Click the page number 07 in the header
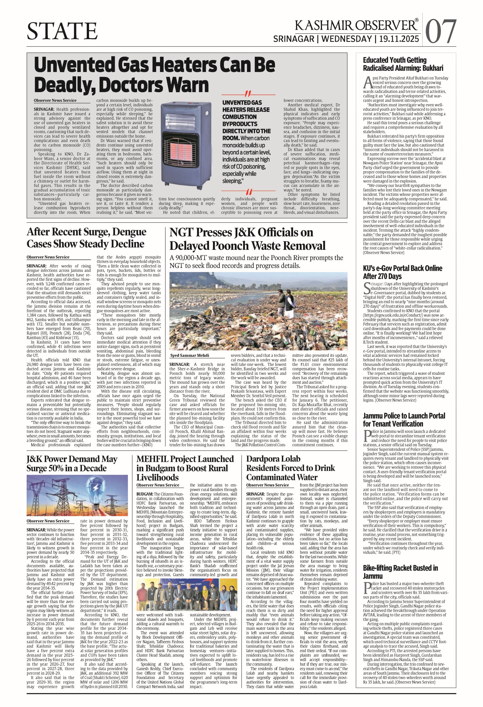tap(441, 31)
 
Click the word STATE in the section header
tap(62, 31)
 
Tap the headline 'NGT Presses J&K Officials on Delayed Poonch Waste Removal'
tap(247, 239)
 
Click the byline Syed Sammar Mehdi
tap(189, 355)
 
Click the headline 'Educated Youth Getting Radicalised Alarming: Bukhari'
tap(403, 64)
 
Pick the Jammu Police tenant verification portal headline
tap(404, 420)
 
